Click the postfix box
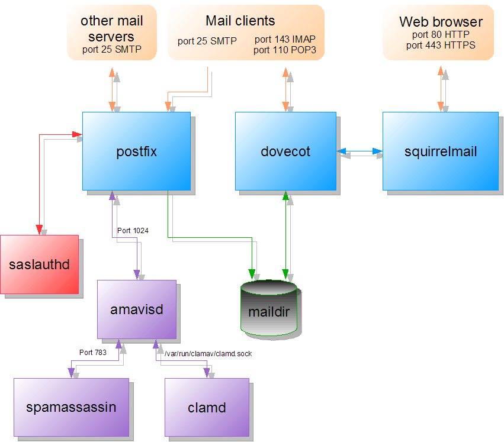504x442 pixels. (x=136, y=151)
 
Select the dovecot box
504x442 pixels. (x=285, y=151)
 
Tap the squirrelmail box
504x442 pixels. (x=440, y=151)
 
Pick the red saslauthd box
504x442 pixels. (x=39, y=264)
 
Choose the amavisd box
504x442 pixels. (x=136, y=309)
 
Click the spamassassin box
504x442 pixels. (x=71, y=408)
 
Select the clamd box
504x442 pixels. (x=207, y=408)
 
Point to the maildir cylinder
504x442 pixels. (x=268, y=311)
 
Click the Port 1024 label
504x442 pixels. (x=133, y=231)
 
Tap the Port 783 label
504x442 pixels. (x=93, y=352)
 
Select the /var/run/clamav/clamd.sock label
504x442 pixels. (x=204, y=353)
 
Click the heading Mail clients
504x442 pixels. (x=240, y=21)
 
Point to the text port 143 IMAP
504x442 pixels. (x=285, y=40)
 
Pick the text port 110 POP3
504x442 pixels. (x=285, y=50)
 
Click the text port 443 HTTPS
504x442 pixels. (x=441, y=45)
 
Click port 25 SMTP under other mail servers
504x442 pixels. (x=112, y=50)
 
